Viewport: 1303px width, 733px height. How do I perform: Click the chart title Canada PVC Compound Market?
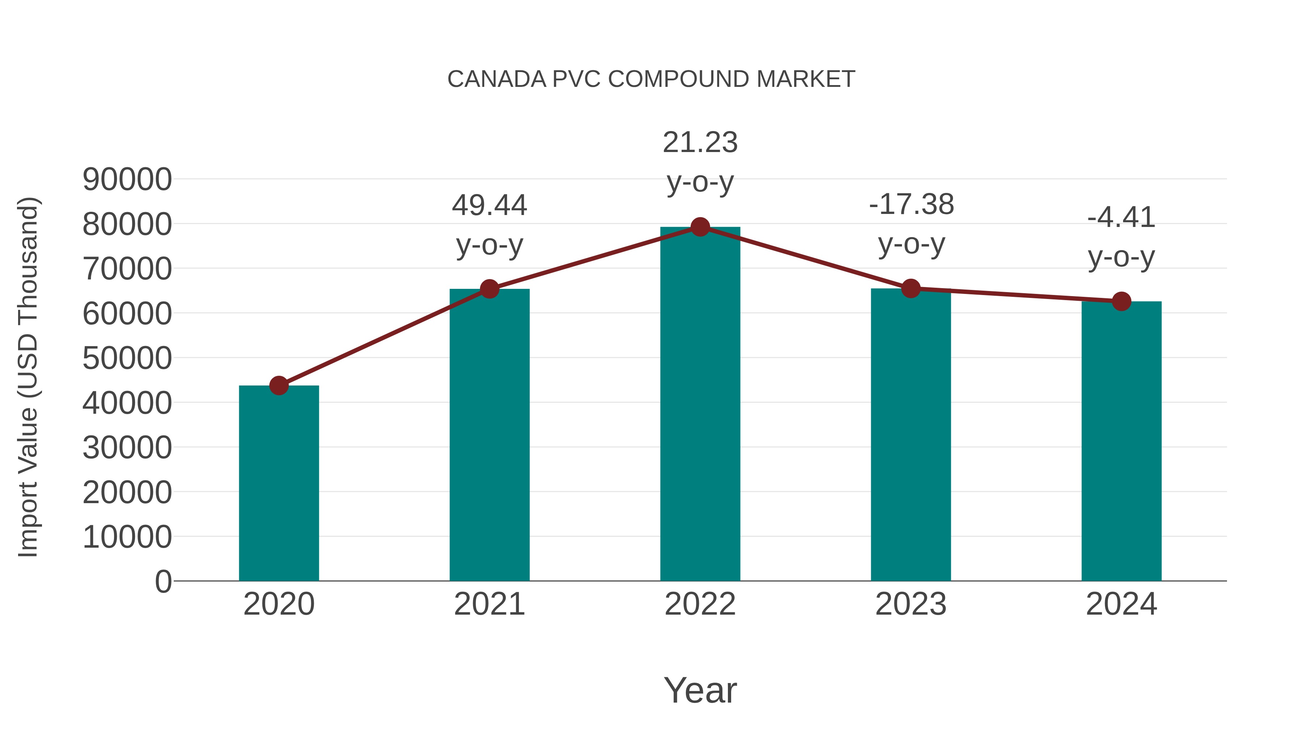651,79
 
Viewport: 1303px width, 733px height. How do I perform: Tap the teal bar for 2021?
489,435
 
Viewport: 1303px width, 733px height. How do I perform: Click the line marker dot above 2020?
279,386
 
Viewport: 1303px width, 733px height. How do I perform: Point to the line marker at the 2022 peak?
700,227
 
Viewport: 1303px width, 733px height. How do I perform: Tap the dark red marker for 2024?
1121,302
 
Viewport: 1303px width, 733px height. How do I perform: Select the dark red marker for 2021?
489,289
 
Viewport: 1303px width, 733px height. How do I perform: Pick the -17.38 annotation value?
911,205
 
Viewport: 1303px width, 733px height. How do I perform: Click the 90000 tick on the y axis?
127,179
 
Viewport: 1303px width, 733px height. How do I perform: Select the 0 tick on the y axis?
163,581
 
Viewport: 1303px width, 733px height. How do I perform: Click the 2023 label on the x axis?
911,604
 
